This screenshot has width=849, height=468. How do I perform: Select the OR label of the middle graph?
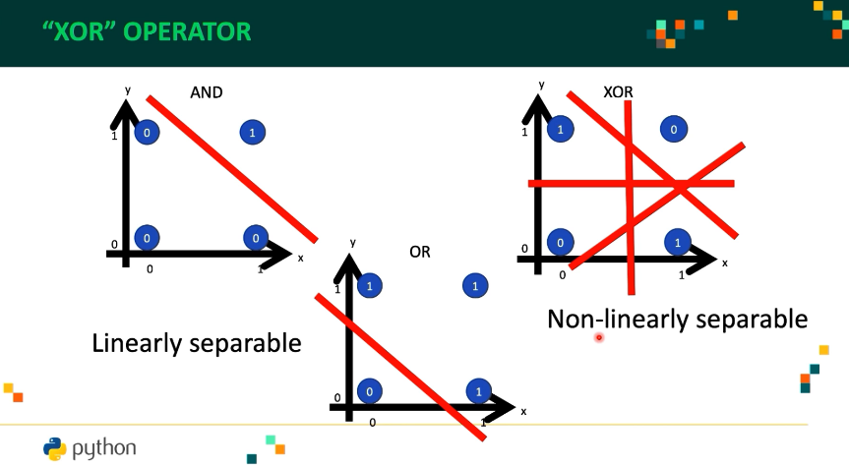[420, 253]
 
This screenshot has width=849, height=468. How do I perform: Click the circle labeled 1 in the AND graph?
[252, 132]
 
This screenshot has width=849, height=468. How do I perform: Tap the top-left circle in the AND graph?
[147, 132]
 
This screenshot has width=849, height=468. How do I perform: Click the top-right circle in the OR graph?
[476, 286]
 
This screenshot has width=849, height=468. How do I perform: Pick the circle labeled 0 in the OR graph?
[369, 390]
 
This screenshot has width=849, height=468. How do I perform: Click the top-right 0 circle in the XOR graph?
[673, 129]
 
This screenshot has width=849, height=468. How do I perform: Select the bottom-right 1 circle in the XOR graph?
[677, 241]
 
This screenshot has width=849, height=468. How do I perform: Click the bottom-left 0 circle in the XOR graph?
[560, 241]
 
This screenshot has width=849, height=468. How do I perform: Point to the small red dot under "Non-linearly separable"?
[598, 337]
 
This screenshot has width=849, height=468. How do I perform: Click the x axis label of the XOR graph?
[725, 263]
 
